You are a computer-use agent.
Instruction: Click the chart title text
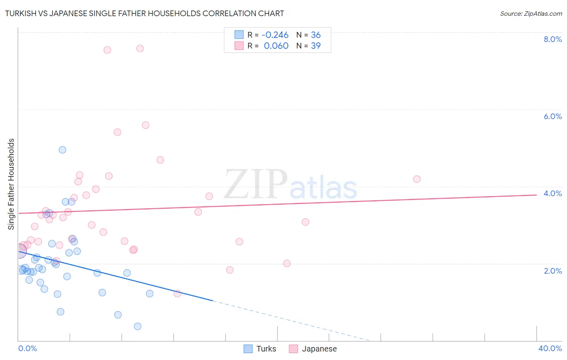(x=144, y=13)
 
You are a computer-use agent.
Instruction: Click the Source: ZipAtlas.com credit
(x=531, y=14)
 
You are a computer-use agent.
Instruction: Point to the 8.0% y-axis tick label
(x=552, y=39)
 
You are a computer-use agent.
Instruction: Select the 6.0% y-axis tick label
(x=552, y=116)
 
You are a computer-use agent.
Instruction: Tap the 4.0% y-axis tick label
(x=552, y=193)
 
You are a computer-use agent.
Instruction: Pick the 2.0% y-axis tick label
(x=552, y=271)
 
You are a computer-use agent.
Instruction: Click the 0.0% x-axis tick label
(x=27, y=348)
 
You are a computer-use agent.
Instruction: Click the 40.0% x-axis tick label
(x=550, y=348)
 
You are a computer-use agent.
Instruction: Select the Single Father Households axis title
(x=11, y=184)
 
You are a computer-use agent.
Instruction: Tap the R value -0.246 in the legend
(x=275, y=35)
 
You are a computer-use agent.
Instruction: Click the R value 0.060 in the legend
(x=276, y=46)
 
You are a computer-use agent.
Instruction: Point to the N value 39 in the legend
(x=316, y=46)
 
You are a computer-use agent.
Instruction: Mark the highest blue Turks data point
(x=63, y=150)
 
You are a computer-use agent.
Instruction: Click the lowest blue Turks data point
(x=138, y=326)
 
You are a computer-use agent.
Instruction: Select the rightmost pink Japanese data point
(x=417, y=179)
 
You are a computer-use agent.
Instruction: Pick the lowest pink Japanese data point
(x=177, y=293)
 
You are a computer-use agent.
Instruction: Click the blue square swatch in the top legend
(x=239, y=35)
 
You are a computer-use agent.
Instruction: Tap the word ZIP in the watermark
(x=255, y=184)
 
